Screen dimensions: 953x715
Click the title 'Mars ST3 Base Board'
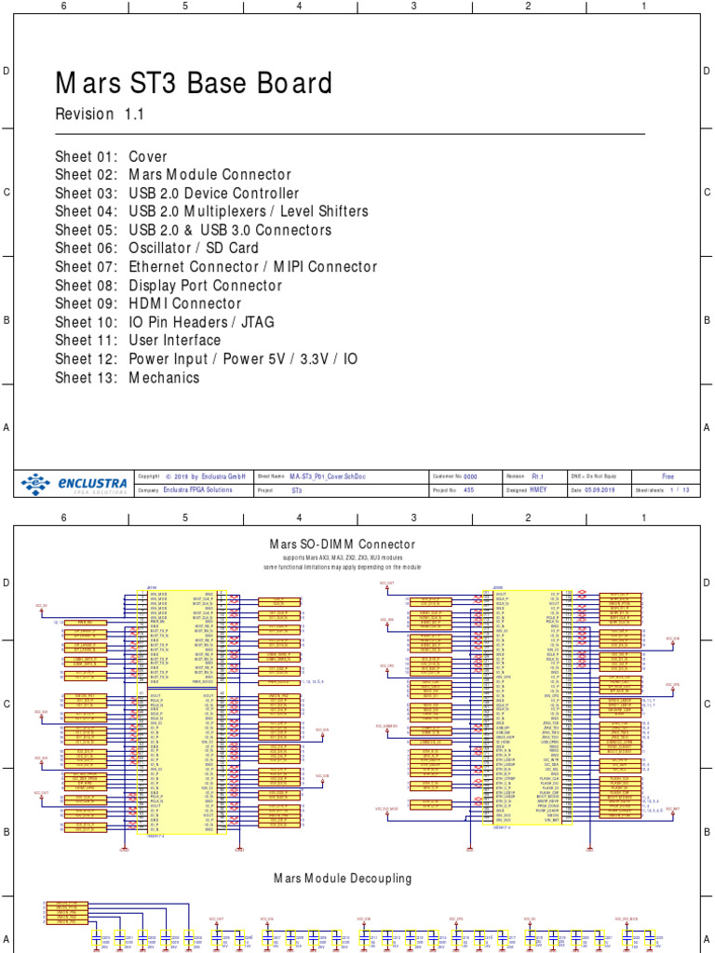[x=194, y=84]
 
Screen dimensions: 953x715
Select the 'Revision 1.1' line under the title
[x=100, y=114]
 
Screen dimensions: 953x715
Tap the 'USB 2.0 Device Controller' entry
[x=214, y=194]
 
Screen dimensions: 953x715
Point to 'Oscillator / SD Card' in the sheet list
[x=194, y=248]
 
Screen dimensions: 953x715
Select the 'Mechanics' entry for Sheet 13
[x=164, y=378]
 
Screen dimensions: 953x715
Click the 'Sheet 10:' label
[x=85, y=322]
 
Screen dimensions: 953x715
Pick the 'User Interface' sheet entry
[x=174, y=341]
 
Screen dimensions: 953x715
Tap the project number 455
[x=468, y=490]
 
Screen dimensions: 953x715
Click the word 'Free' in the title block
[x=668, y=475]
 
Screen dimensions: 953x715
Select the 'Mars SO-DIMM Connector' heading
[x=342, y=544]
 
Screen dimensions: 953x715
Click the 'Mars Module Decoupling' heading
[x=342, y=878]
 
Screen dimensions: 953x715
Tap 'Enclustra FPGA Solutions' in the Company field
[x=198, y=490]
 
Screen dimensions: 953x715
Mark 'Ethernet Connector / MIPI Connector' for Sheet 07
[x=252, y=267]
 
